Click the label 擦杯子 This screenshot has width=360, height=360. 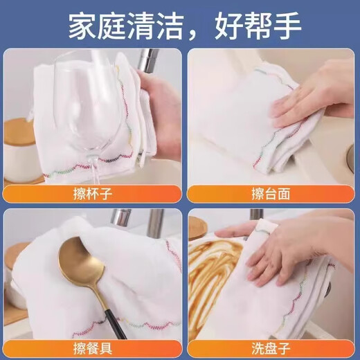click(93, 194)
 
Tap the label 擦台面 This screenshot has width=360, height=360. click(271, 194)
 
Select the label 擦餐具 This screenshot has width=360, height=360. click(93, 349)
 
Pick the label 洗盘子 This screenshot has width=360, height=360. click(271, 349)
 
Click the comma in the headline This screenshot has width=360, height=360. click(194, 35)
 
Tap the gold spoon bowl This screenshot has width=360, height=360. click(81, 260)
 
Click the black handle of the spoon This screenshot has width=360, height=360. click(114, 324)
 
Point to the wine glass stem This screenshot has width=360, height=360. click(95, 170)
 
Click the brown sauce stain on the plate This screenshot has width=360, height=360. click(213, 270)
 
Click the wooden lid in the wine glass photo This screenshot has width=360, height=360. click(17, 132)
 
